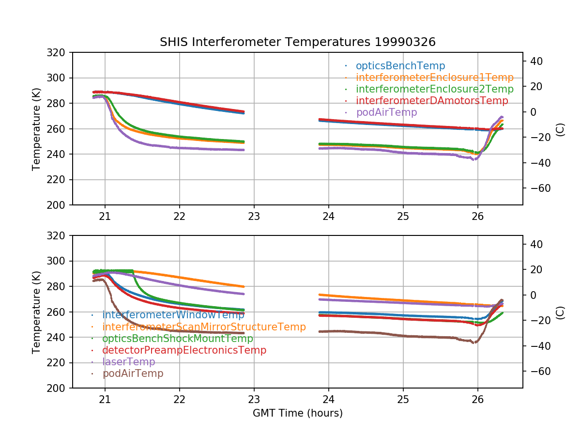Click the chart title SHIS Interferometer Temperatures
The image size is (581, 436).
pos(297,42)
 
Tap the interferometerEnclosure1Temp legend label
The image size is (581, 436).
pos(434,78)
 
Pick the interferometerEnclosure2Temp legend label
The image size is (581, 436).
pos(434,89)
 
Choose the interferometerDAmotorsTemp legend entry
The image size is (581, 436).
pos(432,101)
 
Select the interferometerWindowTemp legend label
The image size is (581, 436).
pos(173,315)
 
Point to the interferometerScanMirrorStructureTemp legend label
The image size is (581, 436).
pos(204,327)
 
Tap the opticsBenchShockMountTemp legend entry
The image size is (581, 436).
pos(178,339)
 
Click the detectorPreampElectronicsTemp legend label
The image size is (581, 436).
pos(184,350)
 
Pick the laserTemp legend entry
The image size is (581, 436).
pos(128,362)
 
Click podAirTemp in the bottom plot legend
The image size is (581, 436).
pos(133,374)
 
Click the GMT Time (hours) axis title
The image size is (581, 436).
pos(297,413)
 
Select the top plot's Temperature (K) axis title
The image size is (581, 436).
pos(36,129)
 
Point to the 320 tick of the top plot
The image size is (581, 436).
pos(60,52)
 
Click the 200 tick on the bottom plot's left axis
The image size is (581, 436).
pos(60,388)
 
